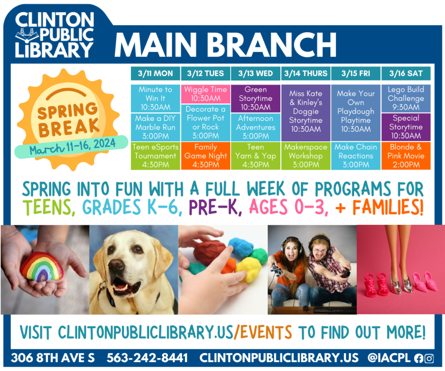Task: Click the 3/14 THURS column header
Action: (306, 74)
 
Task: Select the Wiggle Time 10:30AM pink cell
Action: (206, 94)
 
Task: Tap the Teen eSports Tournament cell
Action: (155, 156)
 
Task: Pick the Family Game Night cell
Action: (206, 156)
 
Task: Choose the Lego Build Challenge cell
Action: (406, 98)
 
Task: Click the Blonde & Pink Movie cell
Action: (406, 156)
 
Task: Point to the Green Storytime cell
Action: (256, 98)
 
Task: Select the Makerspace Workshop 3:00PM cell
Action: (306, 156)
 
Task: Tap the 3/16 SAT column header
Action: (406, 74)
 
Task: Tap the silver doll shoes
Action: (401, 283)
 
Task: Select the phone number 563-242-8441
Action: (147, 358)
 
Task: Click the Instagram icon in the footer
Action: (429, 358)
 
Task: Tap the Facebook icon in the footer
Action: (418, 358)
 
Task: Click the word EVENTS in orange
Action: (266, 332)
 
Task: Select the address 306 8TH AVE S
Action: (53, 358)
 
